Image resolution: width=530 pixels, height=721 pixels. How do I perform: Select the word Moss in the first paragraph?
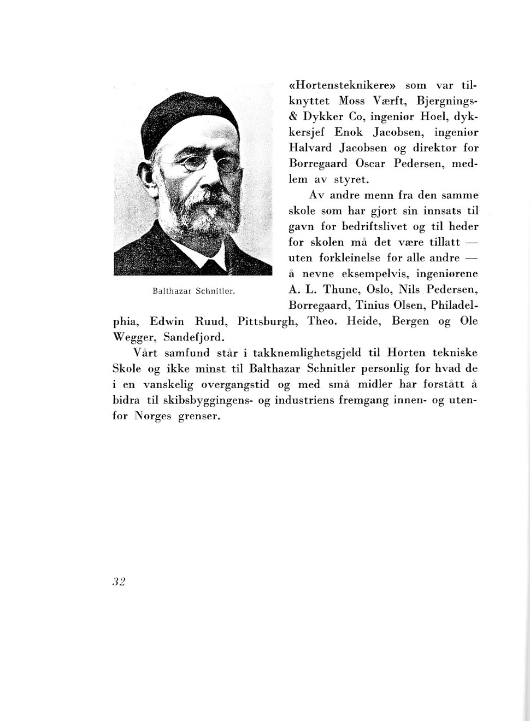coord(351,101)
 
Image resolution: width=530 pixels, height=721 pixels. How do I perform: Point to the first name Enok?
coord(349,132)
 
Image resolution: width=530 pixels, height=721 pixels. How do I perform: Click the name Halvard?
coord(310,148)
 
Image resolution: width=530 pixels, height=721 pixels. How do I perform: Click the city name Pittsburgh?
coord(267,321)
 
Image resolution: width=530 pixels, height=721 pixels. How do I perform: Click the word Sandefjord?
coord(194,337)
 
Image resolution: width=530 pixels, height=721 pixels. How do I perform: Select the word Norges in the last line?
coord(153,416)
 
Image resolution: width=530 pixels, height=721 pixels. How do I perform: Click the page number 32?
coord(119,582)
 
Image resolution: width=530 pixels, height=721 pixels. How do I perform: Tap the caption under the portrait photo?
coord(193,291)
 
